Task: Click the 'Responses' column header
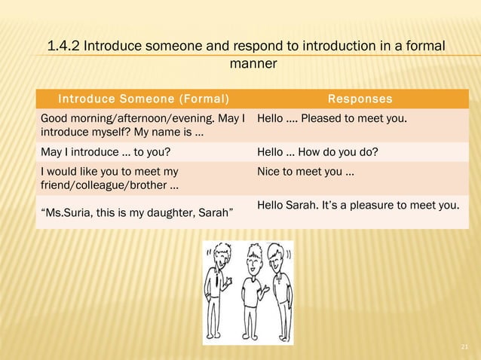(x=360, y=99)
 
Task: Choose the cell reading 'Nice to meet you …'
(x=306, y=172)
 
